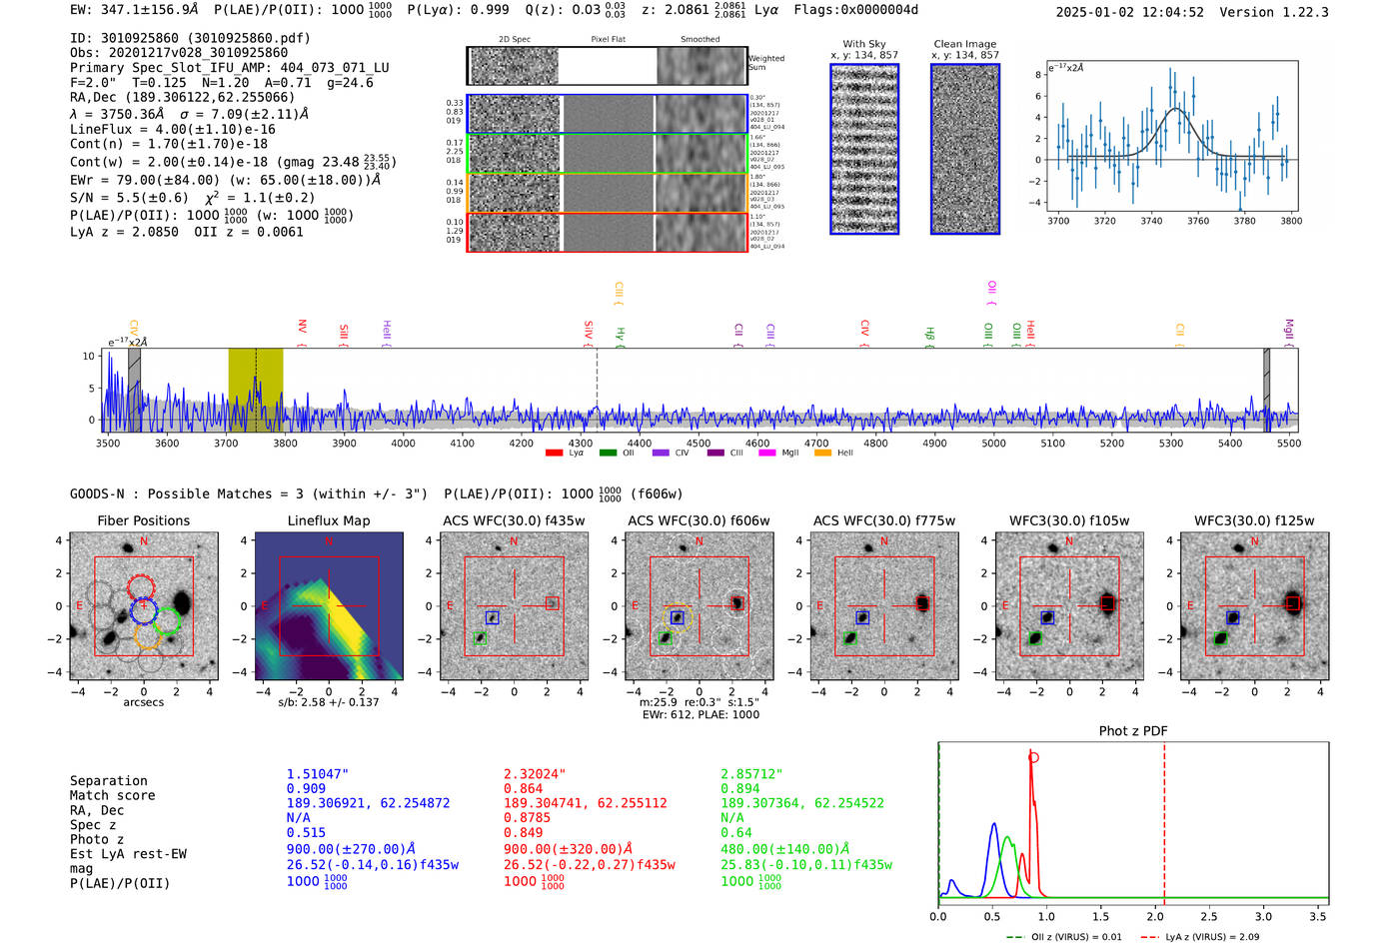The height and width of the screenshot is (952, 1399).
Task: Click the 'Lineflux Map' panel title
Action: click(x=328, y=520)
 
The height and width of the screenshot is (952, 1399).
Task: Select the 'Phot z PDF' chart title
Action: click(x=1133, y=730)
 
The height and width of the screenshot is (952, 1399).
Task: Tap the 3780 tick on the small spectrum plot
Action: click(x=1244, y=221)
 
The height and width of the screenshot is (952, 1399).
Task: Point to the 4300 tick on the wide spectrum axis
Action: click(x=581, y=443)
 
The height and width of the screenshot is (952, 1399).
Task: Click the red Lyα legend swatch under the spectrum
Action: click(x=554, y=454)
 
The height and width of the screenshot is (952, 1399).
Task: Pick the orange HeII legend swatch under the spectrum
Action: click(x=823, y=454)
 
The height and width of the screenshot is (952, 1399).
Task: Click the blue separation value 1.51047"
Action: click(x=318, y=774)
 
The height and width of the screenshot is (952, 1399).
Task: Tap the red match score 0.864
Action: click(x=524, y=788)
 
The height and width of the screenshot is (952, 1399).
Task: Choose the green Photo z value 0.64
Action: click(x=736, y=832)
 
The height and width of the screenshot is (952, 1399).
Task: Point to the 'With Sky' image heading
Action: click(x=863, y=44)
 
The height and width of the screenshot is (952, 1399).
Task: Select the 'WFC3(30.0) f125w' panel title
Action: click(x=1254, y=520)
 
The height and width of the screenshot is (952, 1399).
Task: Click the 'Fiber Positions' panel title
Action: click(x=143, y=520)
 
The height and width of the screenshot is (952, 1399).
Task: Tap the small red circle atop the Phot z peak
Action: click(x=1033, y=757)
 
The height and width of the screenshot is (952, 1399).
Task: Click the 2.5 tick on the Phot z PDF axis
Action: click(x=1209, y=916)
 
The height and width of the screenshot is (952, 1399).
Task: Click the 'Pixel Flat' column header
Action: click(x=608, y=40)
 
